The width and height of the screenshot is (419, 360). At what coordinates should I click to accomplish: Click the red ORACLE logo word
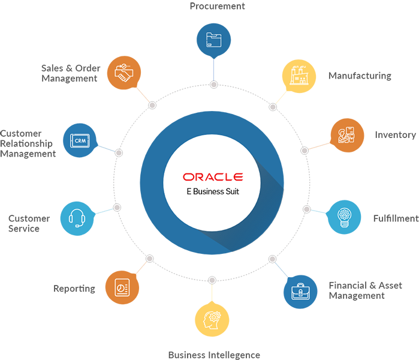[213, 177]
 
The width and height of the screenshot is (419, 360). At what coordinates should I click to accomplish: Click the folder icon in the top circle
[213, 40]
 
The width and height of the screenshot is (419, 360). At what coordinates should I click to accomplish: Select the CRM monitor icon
[80, 139]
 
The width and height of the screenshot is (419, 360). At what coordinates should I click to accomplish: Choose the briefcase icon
[300, 292]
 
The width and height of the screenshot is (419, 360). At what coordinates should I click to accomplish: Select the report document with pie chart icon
[123, 287]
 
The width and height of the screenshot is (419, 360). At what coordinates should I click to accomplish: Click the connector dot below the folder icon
[213, 85]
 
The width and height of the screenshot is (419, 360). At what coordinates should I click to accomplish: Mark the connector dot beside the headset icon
[117, 207]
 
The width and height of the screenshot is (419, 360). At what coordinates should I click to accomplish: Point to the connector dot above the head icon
[212, 280]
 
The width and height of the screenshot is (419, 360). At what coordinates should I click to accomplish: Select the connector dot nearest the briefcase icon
[272, 259]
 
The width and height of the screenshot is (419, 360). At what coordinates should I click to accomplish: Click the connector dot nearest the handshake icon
[152, 105]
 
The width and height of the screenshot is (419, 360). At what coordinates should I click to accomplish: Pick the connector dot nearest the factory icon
[273, 107]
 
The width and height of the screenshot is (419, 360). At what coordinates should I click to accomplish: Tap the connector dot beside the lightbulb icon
[307, 209]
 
